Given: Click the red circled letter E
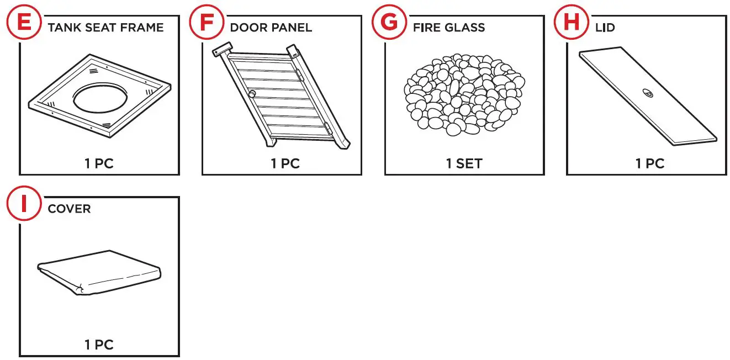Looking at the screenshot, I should pyautogui.click(x=24, y=23).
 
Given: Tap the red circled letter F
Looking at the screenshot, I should pyautogui.click(x=206, y=23).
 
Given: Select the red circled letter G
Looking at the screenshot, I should pyautogui.click(x=389, y=23).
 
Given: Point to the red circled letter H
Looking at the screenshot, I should pyautogui.click(x=571, y=23).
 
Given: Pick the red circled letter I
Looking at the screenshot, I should pyautogui.click(x=24, y=204).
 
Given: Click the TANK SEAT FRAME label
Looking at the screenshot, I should pyautogui.click(x=105, y=28).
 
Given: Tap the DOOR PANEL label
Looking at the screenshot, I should pyautogui.click(x=271, y=28).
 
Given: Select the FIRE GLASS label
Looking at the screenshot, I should pyautogui.click(x=448, y=28).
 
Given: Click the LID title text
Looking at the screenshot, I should pyautogui.click(x=605, y=28).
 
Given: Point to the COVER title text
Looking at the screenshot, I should pyautogui.click(x=69, y=209).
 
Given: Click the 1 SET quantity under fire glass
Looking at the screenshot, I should pyautogui.click(x=464, y=163).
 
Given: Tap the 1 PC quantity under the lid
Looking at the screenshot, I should pyautogui.click(x=649, y=163).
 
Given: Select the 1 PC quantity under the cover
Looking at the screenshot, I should pyautogui.click(x=99, y=345).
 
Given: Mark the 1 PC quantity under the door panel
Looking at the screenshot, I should pyautogui.click(x=285, y=163).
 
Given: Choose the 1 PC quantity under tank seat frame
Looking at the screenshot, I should pyautogui.click(x=99, y=163).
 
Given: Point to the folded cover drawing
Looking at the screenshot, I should pyautogui.click(x=99, y=273).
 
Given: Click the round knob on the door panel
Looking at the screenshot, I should pyautogui.click(x=252, y=94).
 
